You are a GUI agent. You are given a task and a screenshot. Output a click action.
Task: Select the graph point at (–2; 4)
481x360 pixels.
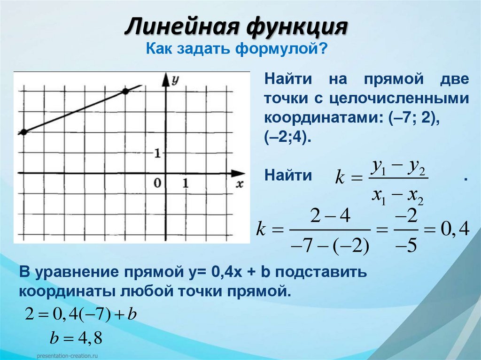125,92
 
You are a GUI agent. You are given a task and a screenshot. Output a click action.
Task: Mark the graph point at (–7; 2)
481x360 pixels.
23,132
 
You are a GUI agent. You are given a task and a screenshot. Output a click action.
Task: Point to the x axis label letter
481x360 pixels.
240,184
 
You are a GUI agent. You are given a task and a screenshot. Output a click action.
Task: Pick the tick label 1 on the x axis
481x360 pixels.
186,184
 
